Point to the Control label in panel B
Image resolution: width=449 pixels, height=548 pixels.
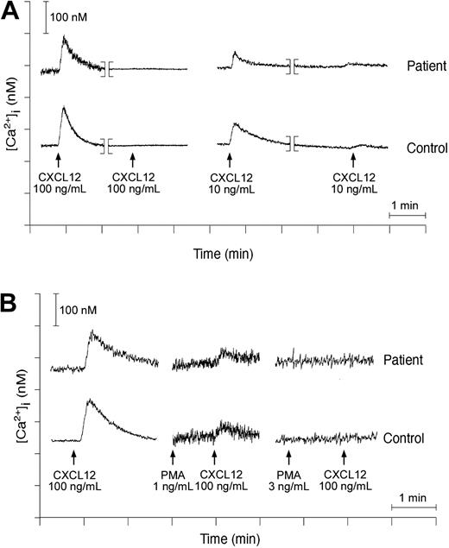[x=404, y=438]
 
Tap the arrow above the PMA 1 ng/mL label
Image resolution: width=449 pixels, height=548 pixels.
[x=173, y=457]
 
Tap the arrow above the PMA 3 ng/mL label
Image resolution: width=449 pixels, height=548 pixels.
[x=289, y=457]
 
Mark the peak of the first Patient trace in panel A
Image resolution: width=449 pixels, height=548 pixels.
[x=64, y=38]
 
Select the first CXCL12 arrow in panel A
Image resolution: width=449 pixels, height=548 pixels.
[x=58, y=159]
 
